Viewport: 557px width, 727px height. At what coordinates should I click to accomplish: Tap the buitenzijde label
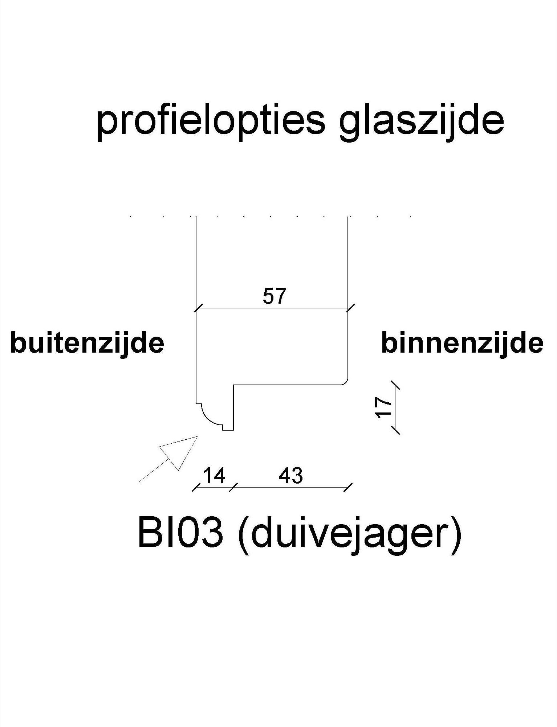[87, 343]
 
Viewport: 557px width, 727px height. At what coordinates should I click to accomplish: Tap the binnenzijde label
[462, 343]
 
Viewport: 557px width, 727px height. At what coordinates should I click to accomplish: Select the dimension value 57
[275, 296]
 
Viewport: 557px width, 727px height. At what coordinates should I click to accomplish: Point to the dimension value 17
[384, 408]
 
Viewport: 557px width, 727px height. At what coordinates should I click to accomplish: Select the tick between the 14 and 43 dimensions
[233, 488]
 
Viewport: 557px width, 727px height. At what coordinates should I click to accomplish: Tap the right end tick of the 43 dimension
[348, 488]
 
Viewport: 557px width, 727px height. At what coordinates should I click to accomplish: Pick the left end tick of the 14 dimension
[196, 488]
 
